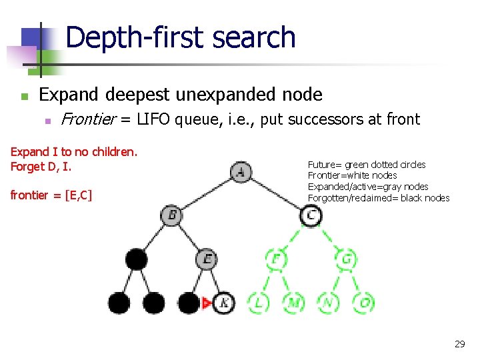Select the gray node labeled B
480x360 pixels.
[171, 215]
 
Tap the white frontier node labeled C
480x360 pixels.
[311, 215]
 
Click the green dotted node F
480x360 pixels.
[275, 259]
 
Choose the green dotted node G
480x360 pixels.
[346, 259]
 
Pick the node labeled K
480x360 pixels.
[225, 303]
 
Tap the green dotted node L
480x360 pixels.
[258, 303]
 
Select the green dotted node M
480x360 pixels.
[293, 303]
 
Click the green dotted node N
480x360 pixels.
[329, 303]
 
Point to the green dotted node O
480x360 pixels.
[364, 303]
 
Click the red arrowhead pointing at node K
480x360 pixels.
[206, 303]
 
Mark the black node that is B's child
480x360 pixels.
[137, 259]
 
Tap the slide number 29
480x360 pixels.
[459, 344]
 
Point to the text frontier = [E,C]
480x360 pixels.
[51, 195]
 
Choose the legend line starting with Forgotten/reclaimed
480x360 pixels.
[378, 198]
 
